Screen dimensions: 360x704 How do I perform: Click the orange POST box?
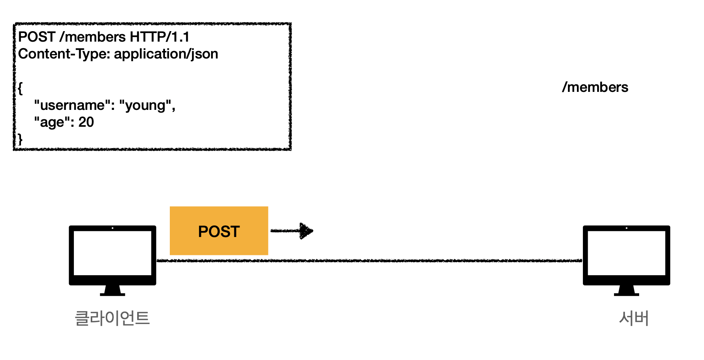pos(219,231)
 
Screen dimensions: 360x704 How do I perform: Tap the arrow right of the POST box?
pos(292,231)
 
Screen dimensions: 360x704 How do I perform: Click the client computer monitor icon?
pos(112,253)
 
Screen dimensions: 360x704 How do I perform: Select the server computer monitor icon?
pos(626,253)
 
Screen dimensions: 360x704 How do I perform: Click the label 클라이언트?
pos(112,318)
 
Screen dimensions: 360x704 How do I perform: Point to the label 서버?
pos(634,318)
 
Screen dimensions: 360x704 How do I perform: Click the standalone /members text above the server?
pos(595,87)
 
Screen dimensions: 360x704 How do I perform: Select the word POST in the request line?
pos(37,37)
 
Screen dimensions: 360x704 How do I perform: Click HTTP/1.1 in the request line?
pos(159,37)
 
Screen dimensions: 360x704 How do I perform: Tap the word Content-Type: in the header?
pos(64,54)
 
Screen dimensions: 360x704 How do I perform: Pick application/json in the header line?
pos(166,54)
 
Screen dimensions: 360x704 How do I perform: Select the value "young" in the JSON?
pos(145,105)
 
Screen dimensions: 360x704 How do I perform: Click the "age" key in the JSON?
pos(55,122)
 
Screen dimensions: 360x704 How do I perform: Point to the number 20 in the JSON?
pos(86,122)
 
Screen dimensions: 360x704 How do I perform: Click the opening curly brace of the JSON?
pos(20,88)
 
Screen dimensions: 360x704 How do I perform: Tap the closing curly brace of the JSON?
pos(20,139)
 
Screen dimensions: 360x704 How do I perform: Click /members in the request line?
pos(93,37)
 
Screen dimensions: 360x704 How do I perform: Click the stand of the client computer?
pos(112,291)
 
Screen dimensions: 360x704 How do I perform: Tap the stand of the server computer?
pos(626,291)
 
